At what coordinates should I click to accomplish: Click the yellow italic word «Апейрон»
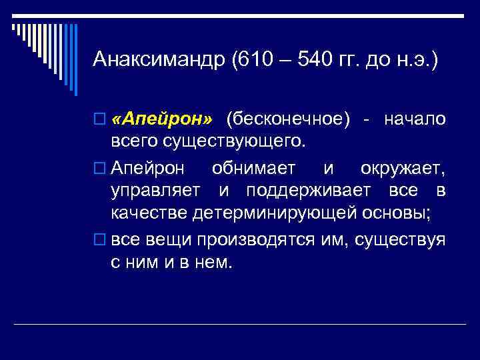point(162,119)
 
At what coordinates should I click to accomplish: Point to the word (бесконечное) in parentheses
point(288,119)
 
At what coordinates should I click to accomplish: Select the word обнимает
point(253,167)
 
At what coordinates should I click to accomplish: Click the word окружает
point(403,167)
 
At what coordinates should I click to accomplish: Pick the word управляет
point(155,191)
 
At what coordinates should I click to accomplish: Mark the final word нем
point(217,263)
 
